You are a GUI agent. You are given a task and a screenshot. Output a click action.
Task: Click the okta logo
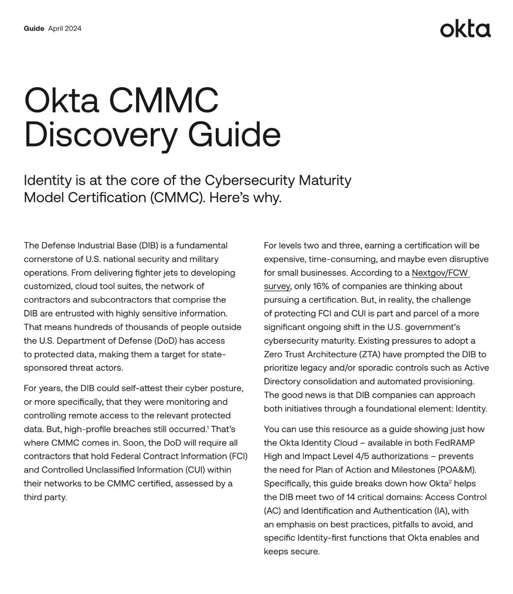coord(465,29)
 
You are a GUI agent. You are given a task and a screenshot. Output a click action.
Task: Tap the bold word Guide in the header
coord(34,29)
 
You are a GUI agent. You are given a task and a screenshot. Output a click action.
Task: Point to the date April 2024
coord(65,29)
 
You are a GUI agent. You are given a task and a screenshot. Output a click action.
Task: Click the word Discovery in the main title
coord(100,135)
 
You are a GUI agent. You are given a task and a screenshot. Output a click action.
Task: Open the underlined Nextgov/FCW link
coord(440,273)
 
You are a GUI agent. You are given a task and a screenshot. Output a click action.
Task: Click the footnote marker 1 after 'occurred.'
coord(208,428)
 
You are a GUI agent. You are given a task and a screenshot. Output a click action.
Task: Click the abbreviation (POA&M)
coord(455,470)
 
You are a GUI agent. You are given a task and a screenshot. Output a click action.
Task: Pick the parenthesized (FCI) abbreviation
coord(238,456)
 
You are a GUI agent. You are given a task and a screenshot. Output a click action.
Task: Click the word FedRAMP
coord(456,443)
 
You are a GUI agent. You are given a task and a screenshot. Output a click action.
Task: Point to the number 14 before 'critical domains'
coord(351,497)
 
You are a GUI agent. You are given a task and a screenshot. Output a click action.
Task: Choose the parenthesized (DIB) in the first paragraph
coord(148,245)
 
